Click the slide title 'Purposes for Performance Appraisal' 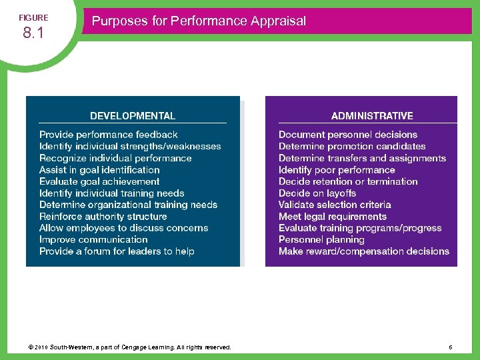[199, 21]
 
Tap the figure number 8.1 [33, 33]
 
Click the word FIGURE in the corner [33, 17]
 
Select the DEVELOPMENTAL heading [133, 116]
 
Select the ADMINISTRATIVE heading [372, 116]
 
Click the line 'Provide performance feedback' [109, 135]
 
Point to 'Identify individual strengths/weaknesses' [130, 146]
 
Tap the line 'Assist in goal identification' [99, 169]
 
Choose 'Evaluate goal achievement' [99, 181]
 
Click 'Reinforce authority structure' [103, 216]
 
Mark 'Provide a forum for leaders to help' [117, 251]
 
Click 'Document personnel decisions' [348, 135]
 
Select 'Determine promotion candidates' [352, 146]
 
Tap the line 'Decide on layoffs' [317, 193]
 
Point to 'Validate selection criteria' [335, 205]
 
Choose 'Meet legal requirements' [333, 216]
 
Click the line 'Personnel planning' [321, 239]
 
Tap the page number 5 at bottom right [451, 347]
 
